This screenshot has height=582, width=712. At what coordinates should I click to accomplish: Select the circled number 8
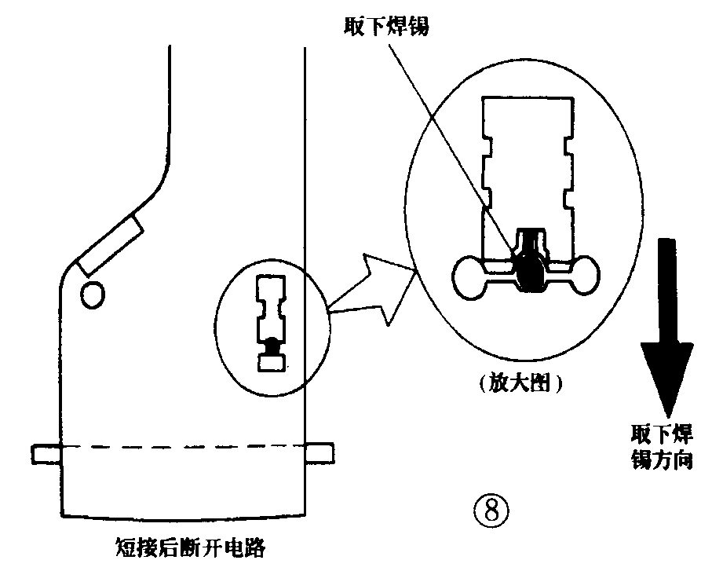click(491, 511)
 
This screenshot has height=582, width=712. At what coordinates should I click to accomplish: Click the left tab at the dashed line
click(45, 453)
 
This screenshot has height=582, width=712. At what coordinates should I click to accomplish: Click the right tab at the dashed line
click(319, 452)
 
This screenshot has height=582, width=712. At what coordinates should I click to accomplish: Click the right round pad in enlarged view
click(582, 277)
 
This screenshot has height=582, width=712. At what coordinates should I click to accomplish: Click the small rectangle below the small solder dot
click(272, 363)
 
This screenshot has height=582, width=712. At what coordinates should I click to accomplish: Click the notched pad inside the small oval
click(272, 306)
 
